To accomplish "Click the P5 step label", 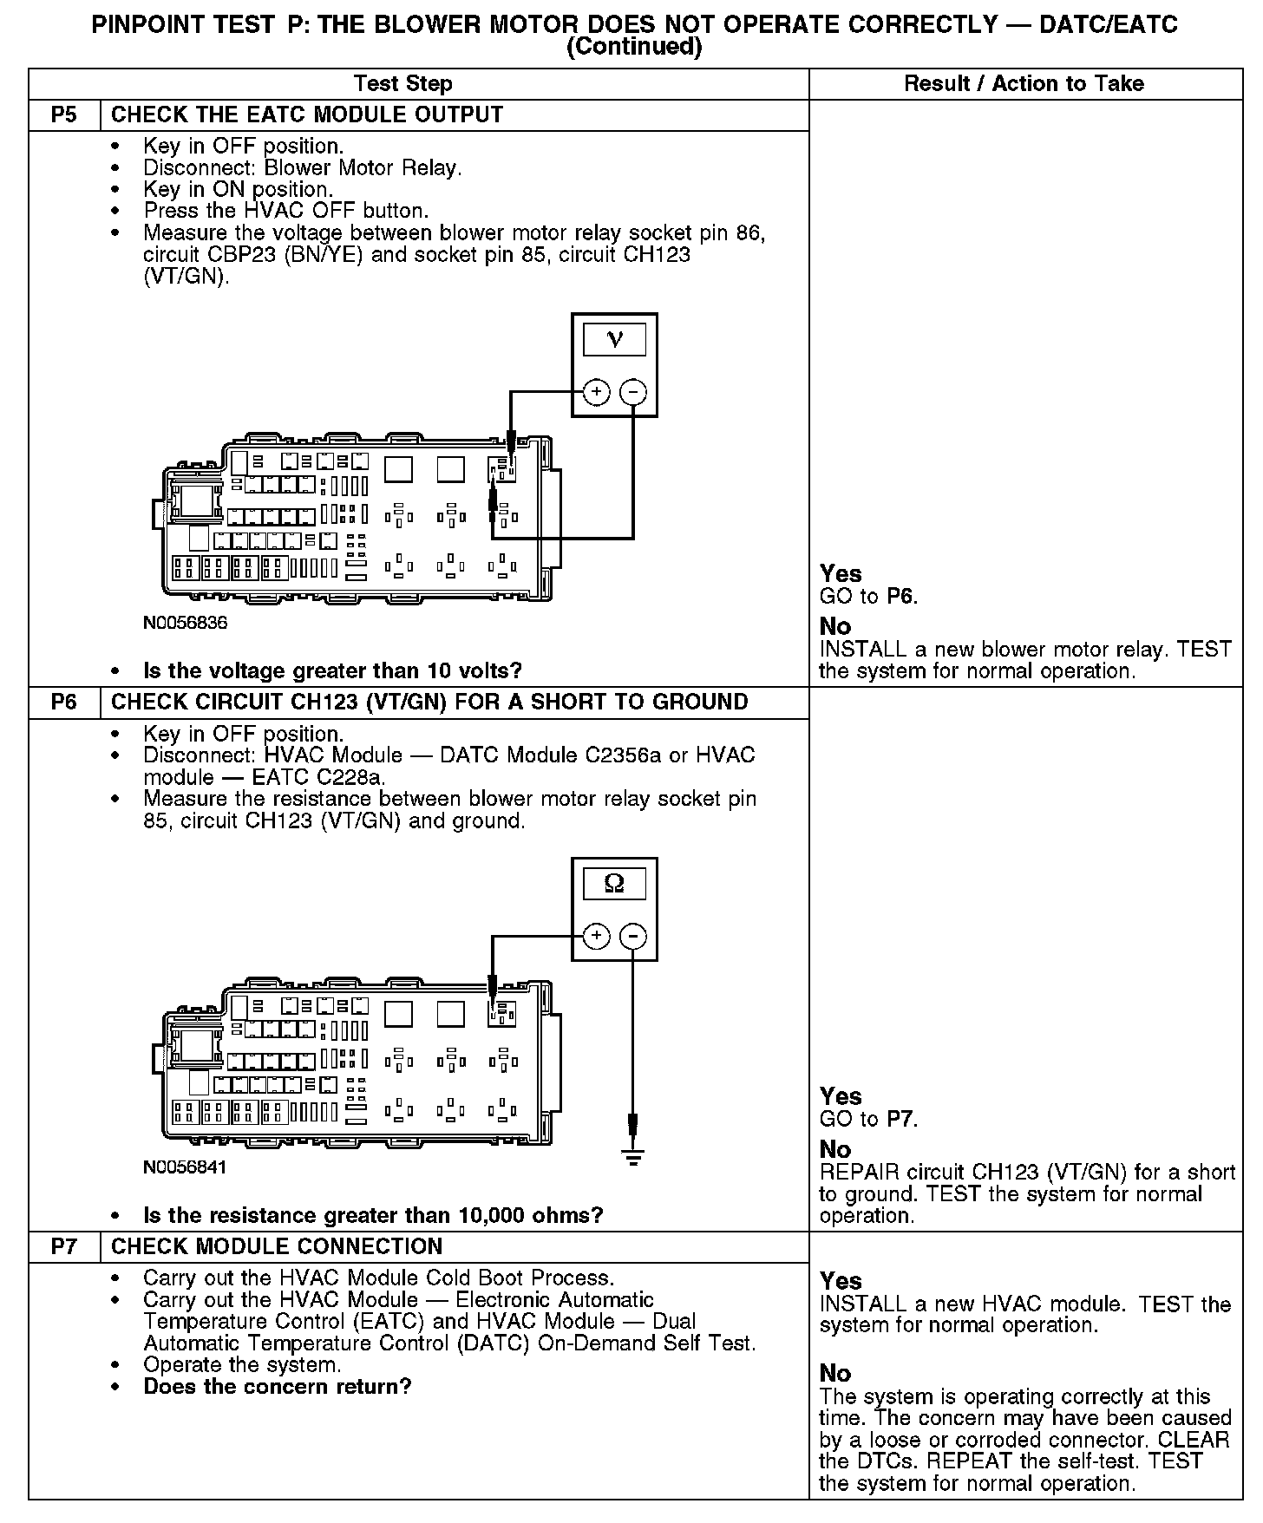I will click(x=64, y=115).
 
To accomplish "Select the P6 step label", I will click(x=64, y=703).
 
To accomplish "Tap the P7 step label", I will click(x=64, y=1246).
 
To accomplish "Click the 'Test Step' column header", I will click(x=402, y=84).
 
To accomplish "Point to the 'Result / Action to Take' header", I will click(x=1024, y=84).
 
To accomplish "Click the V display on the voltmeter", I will click(x=614, y=339).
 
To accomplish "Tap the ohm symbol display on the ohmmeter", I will click(x=614, y=884).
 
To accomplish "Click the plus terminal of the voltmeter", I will click(x=596, y=392).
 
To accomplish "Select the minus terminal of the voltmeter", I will click(x=633, y=392).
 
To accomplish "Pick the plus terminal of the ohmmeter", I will click(x=596, y=936).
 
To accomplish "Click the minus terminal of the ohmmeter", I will click(x=633, y=936).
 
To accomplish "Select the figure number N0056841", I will click(x=186, y=1167).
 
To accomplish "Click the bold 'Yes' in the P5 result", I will click(x=841, y=573).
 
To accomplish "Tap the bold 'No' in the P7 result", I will click(x=835, y=1373).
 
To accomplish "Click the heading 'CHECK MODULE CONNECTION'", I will click(x=277, y=1246).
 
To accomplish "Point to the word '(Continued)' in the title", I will click(x=633, y=47).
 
